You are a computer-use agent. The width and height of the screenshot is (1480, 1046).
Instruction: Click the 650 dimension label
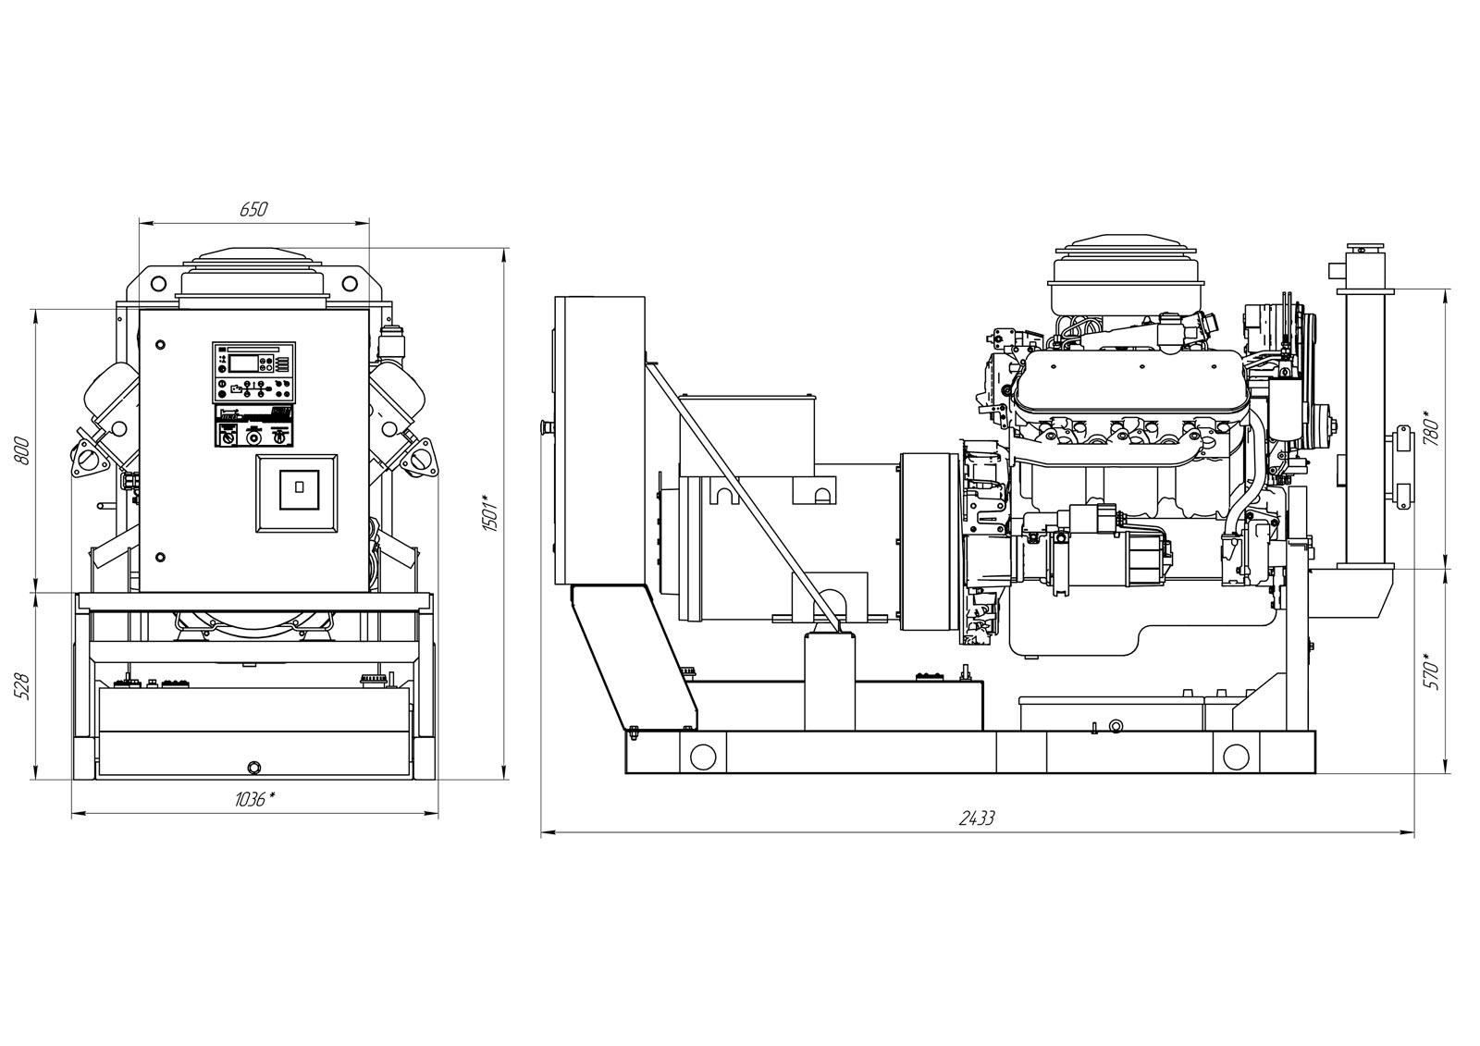tap(253, 209)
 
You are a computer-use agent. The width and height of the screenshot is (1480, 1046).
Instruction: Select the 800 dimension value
tap(22, 450)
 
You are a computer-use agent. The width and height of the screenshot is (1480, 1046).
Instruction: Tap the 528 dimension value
tap(22, 687)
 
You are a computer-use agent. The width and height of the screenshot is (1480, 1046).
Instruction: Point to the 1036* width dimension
tap(255, 800)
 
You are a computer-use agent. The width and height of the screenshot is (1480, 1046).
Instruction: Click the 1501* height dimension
tap(490, 512)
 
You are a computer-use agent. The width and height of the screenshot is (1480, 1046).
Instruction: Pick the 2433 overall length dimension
tap(977, 818)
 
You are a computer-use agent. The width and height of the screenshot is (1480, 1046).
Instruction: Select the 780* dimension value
tap(1431, 427)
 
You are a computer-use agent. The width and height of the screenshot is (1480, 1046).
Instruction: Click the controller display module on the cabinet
tap(253, 373)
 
